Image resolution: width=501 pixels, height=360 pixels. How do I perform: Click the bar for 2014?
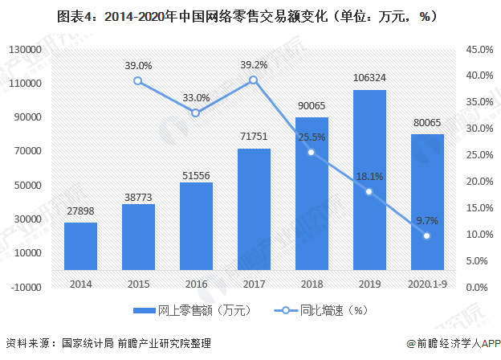tap(80, 245)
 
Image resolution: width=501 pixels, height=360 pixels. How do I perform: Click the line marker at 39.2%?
tap(253, 80)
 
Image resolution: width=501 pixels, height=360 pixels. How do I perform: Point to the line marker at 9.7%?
tap(426, 235)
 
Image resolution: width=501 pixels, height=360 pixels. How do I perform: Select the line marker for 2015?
tap(138, 80)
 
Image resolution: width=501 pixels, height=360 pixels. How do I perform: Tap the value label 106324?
tap(369, 78)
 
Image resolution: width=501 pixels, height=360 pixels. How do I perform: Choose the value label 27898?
tap(80, 211)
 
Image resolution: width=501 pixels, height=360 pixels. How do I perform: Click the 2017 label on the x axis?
tap(254, 284)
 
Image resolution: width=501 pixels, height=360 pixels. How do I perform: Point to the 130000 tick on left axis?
tap(26, 50)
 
